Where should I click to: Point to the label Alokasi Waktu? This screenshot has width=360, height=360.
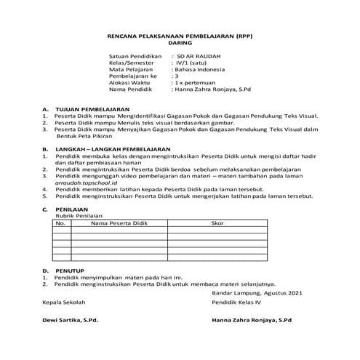click(x=131, y=83)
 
